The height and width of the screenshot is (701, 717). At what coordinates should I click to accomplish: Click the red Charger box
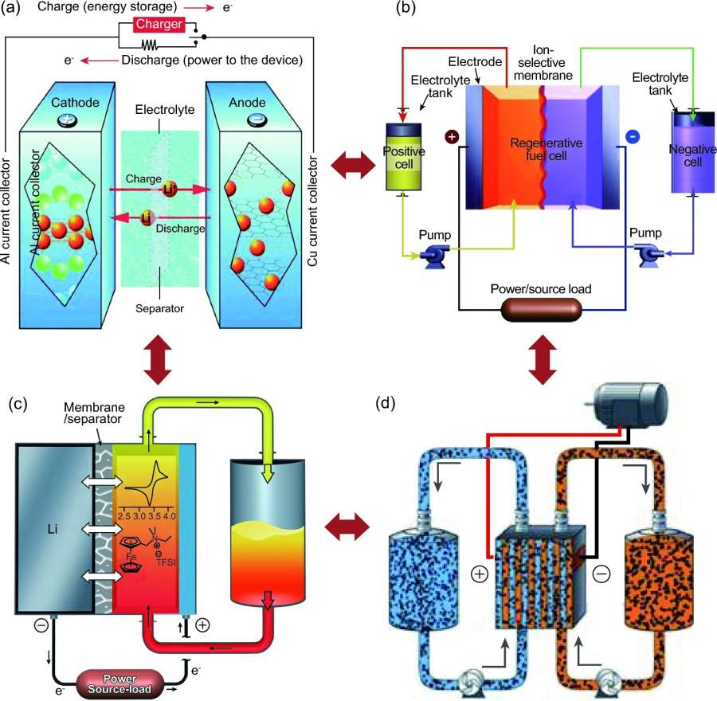[x=148, y=23]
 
